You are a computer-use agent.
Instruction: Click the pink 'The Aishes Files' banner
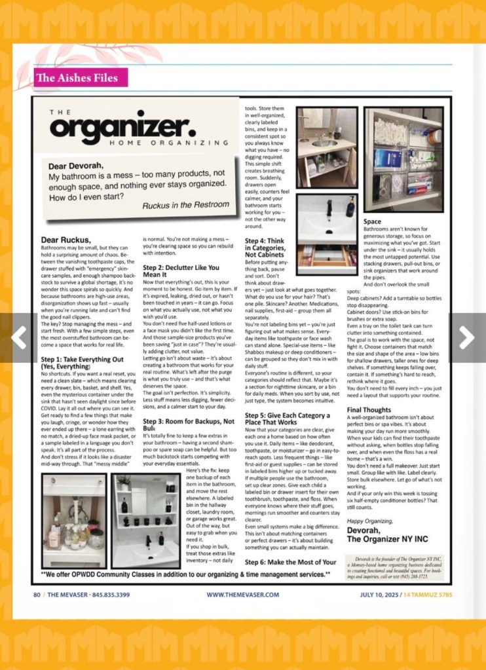(x=77, y=78)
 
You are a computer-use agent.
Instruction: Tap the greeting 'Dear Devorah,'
(x=76, y=166)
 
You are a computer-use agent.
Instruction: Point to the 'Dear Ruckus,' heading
(x=67, y=240)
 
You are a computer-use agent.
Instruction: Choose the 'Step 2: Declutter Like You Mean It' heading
(x=181, y=271)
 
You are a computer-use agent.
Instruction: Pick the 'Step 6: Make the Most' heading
(x=290, y=562)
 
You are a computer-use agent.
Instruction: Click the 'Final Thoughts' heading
(x=369, y=410)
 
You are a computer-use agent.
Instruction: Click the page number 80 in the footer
(x=37, y=595)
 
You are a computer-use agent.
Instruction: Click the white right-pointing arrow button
(x=467, y=338)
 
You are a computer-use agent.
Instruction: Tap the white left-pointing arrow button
(x=19, y=338)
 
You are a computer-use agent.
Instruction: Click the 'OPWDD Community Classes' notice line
(x=183, y=575)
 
